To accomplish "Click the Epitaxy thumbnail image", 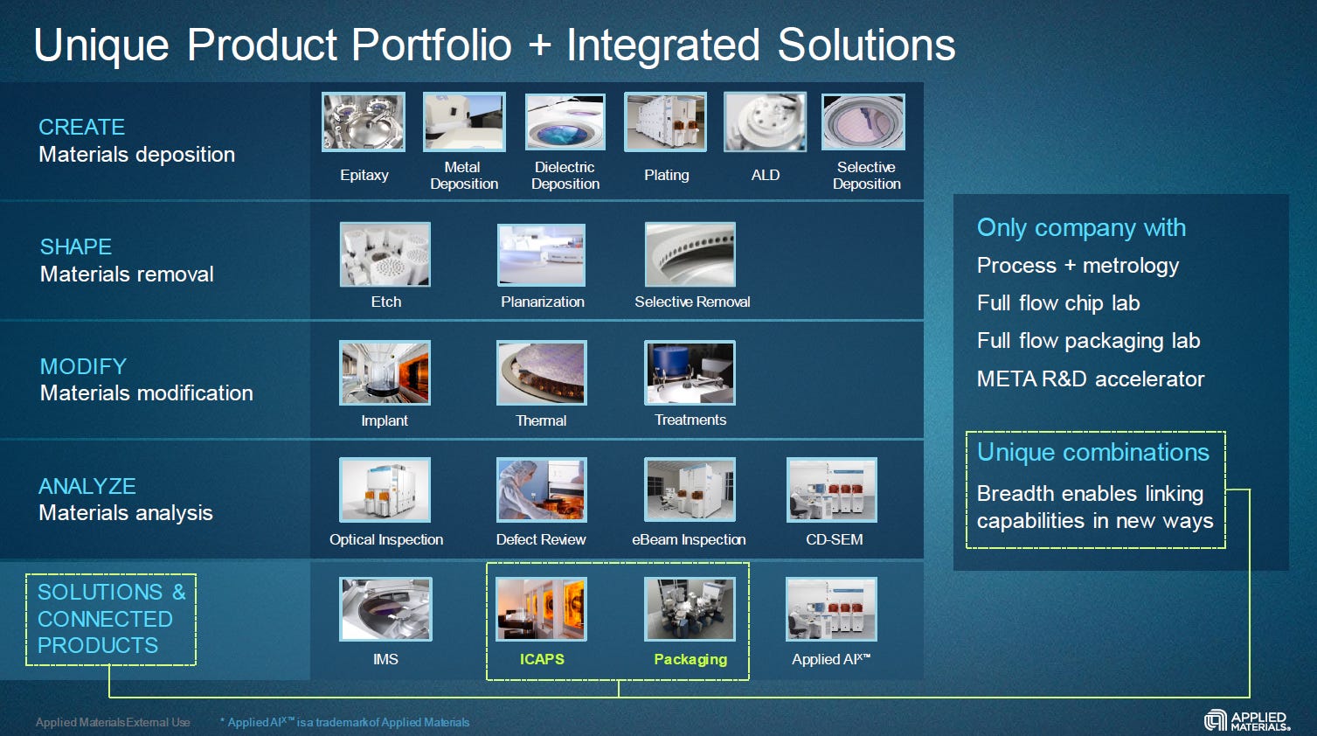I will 364,122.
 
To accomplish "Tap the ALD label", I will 765,175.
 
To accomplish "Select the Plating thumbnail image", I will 665,122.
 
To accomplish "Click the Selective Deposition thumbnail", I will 863,122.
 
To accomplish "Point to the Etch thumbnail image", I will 385,254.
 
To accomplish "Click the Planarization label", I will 542,302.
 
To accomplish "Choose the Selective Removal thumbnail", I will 690,254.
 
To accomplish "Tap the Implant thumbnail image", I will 385,373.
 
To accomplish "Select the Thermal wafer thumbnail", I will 541,373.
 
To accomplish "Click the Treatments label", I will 690,420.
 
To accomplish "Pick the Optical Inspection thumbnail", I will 385,490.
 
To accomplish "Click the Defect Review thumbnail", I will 541,490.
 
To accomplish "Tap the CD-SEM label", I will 834,539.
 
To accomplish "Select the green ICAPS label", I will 542,659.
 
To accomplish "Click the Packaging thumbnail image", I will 690,609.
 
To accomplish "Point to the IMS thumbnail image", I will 385,609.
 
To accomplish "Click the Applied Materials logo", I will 1247,720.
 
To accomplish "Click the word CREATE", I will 82,127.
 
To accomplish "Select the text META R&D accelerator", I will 1090,378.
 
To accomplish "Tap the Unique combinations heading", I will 1092,452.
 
